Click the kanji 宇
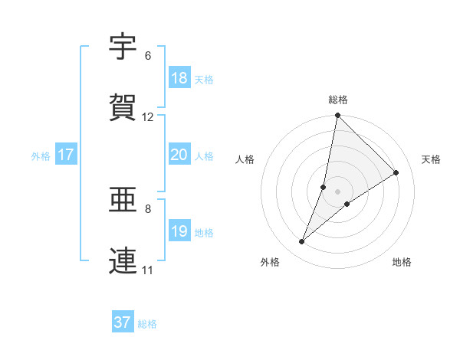[x=123, y=48]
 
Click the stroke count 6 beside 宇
[x=148, y=56]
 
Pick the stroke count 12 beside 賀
[x=148, y=117]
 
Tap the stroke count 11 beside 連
[x=148, y=270]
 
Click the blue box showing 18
[x=179, y=78]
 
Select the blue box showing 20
[x=179, y=155]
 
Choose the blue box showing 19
[x=179, y=231]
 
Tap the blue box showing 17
[x=65, y=155]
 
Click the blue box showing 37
[x=122, y=322]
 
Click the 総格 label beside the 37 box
[x=147, y=324]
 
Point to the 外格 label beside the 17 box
[x=41, y=156]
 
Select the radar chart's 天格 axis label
[x=432, y=159]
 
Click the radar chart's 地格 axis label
[x=402, y=263]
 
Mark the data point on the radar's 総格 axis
[x=337, y=116]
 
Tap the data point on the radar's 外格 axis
[x=302, y=242]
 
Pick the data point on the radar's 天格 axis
[x=396, y=172]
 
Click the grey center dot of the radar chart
[x=337, y=191]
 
